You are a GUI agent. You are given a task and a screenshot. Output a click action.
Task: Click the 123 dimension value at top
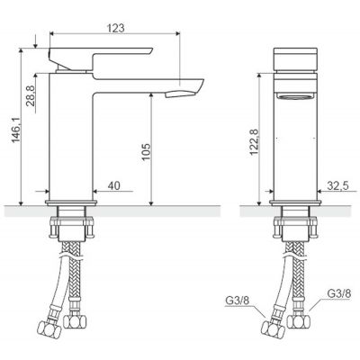pos(116,28)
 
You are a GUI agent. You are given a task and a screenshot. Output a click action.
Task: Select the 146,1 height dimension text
pos(16,130)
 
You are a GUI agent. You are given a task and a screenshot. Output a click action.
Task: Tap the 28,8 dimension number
pos(31,95)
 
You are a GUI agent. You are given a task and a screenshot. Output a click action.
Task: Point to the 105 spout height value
pos(146,152)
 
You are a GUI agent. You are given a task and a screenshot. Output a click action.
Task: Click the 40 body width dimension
pos(113,185)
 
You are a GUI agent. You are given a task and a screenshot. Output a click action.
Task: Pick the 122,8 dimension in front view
pos(255,142)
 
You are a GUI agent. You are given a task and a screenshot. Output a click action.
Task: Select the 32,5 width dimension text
pos(337,186)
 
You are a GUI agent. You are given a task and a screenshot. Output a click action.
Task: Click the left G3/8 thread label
pos(237,301)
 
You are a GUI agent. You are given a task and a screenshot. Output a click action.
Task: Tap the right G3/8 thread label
pos(338,293)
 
